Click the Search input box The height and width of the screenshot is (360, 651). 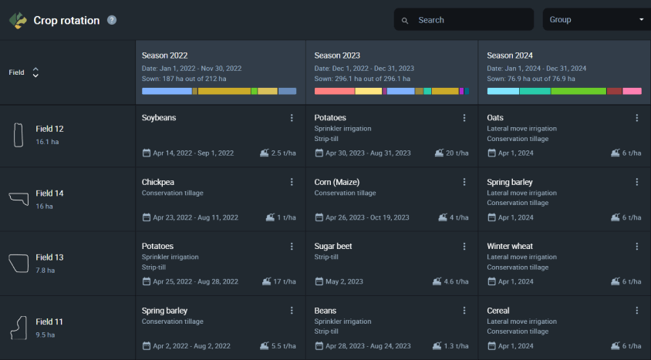(x=464, y=19)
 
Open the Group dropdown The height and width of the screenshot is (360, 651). (x=596, y=19)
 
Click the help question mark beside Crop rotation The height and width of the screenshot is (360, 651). (x=112, y=20)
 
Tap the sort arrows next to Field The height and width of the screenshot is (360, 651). (x=35, y=72)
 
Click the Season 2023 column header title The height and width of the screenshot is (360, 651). (x=337, y=56)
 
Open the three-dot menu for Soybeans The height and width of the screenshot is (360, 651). (x=292, y=118)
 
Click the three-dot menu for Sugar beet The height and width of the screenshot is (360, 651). (x=464, y=247)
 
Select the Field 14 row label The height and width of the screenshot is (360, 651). (x=50, y=193)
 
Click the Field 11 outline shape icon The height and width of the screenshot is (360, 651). (x=19, y=328)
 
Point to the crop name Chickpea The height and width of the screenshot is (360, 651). (x=158, y=182)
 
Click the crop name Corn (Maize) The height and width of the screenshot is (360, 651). (x=337, y=182)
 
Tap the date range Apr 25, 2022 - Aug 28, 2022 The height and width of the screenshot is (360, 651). (x=196, y=281)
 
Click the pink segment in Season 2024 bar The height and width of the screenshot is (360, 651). (x=632, y=91)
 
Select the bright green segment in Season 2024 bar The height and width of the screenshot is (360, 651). (x=578, y=91)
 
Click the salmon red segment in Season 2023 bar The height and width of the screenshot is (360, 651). (x=335, y=91)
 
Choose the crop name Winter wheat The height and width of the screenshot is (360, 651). (x=510, y=247)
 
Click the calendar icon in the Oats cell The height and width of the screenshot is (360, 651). (x=491, y=153)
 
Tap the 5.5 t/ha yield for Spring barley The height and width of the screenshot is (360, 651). (x=284, y=346)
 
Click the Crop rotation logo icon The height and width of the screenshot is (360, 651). (x=18, y=20)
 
